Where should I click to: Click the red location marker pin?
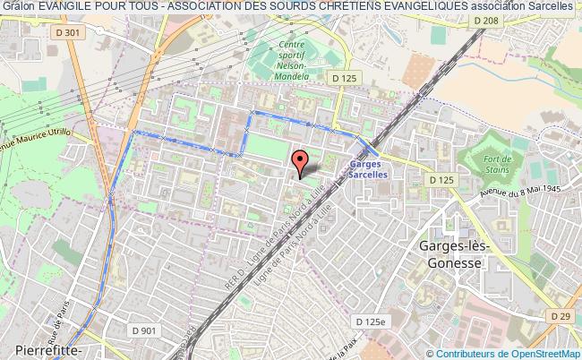pos(301,161)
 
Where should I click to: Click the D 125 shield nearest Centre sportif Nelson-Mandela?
pos(344,78)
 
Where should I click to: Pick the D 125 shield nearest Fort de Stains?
pos(441,180)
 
